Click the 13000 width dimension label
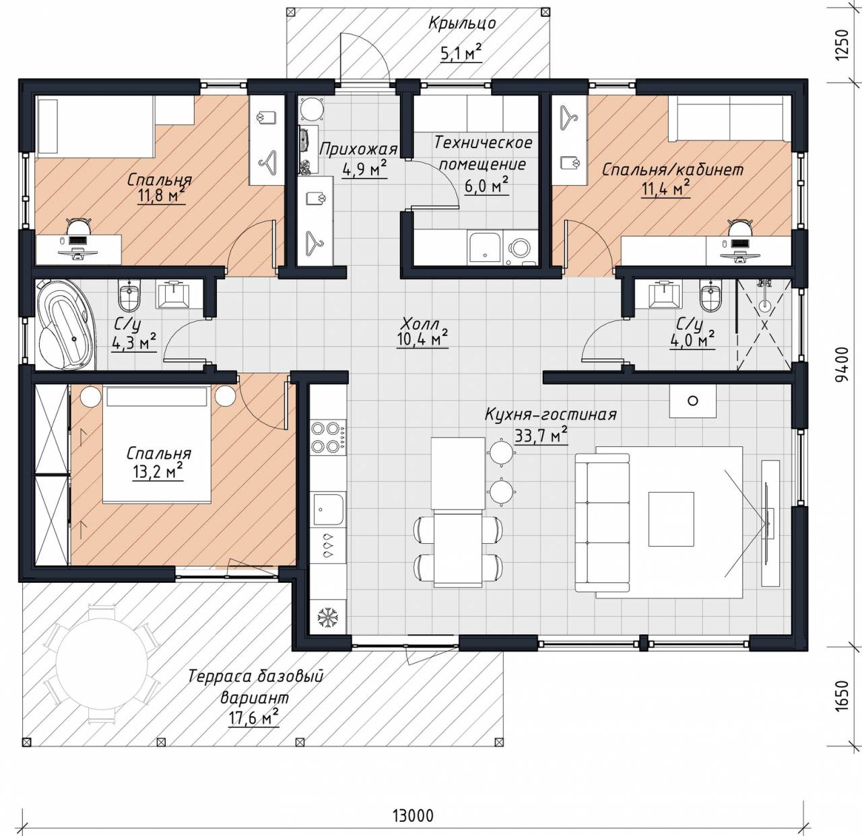412,815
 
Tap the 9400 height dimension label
842,363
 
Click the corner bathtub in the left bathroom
65,324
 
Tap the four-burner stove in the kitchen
328,437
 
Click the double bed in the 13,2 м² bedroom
156,444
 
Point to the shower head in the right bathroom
764,305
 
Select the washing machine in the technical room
519,246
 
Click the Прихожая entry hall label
358,149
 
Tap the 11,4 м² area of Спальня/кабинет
666,189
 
